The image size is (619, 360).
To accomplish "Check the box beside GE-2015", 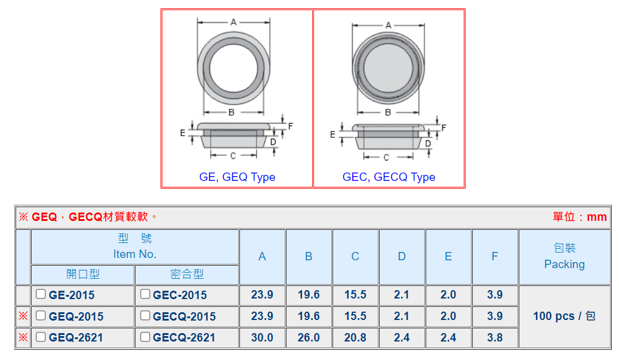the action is pos(41,294).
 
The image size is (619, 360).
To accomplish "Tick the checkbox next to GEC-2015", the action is pos(145,294).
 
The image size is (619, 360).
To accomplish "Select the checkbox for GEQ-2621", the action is pos(41,337).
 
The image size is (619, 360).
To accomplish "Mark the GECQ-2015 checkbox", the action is pos(145,315).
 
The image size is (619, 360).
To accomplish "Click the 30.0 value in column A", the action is pos(262,337).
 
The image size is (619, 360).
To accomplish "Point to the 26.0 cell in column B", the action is pos(309,337).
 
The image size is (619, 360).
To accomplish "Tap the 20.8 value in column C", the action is pos(355,337).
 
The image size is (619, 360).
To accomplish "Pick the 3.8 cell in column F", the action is pos(495,337).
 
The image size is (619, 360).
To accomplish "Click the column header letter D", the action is pos(402,257).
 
